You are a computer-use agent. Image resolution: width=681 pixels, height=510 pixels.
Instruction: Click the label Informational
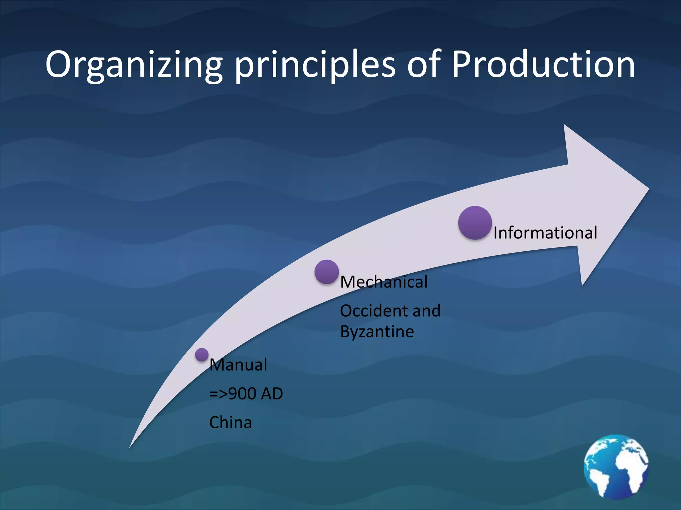coord(545,233)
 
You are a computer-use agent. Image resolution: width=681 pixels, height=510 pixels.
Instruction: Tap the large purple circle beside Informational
coord(475,223)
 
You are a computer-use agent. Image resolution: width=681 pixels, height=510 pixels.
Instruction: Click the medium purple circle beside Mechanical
coord(327,272)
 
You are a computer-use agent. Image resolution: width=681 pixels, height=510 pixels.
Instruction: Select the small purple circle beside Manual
coord(202,355)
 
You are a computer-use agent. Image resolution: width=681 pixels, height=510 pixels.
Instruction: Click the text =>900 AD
coord(246,394)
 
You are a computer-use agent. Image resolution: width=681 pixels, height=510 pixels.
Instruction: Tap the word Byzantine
coord(377,332)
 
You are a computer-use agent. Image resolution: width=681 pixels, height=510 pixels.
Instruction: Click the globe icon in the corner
coord(616,467)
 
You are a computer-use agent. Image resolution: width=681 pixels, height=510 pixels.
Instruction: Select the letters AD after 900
coord(272,394)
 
